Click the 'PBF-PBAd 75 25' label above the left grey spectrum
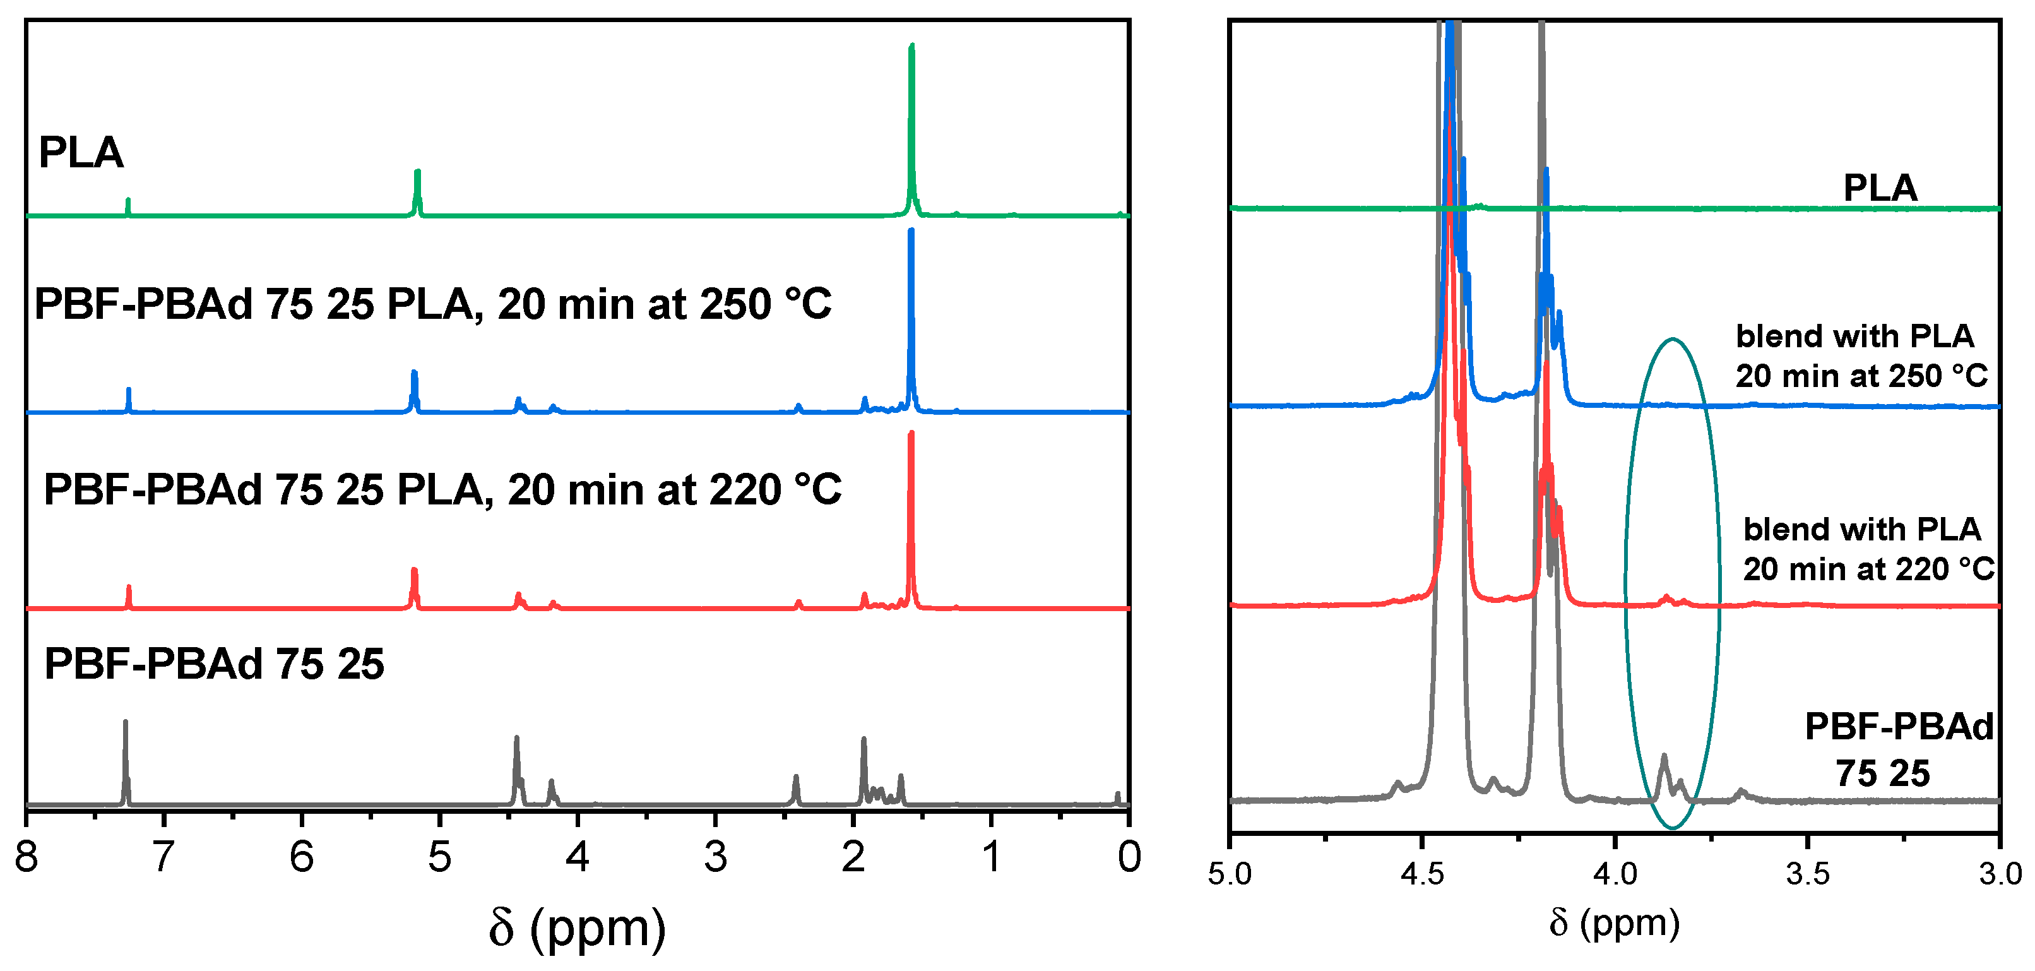click(213, 663)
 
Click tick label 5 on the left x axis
click(439, 857)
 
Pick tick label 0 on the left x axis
click(1129, 857)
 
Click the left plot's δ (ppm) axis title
click(577, 927)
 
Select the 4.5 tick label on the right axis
click(1422, 874)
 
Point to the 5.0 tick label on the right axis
click(1230, 874)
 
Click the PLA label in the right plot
click(1880, 188)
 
